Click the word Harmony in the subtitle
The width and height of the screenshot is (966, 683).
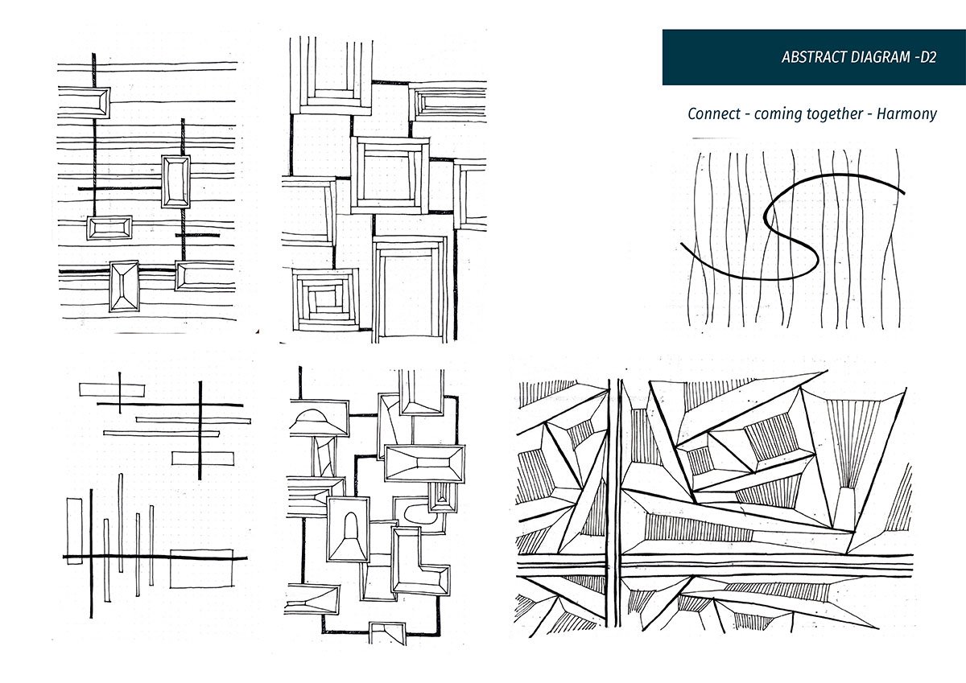(907, 114)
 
